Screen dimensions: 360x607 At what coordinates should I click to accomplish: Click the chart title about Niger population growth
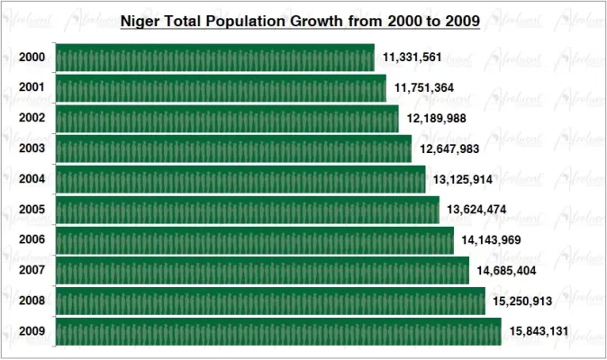coord(300,19)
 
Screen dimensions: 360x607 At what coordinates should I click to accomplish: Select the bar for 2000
coord(214,58)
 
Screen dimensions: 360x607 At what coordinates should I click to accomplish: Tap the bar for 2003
coord(233,148)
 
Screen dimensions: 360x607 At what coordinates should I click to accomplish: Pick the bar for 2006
coord(254,240)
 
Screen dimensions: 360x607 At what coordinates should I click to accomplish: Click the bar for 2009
coord(278,331)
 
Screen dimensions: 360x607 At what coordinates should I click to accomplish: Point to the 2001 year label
coord(32,88)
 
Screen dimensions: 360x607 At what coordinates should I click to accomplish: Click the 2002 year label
coord(32,119)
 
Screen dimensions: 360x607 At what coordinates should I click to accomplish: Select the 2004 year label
coord(32,179)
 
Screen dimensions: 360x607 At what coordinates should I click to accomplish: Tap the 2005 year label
coord(32,210)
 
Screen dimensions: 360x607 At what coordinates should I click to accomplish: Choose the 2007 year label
coord(32,271)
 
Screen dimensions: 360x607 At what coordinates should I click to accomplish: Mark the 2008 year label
coord(32,301)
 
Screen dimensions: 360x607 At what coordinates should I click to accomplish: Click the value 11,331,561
coord(412,58)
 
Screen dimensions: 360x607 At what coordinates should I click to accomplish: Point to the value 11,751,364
coord(424,88)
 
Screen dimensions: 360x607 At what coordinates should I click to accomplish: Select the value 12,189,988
coord(437,119)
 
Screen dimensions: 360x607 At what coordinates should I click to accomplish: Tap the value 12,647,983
coord(449,149)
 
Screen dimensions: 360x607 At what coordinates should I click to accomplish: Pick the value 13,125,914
coord(463,180)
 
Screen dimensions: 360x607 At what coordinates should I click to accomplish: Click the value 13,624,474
coord(476,211)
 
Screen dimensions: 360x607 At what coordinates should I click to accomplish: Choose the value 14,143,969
coord(491,240)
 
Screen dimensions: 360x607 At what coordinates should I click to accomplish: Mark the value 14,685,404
coord(506,271)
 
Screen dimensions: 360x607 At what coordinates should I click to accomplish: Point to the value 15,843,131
coord(539,332)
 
